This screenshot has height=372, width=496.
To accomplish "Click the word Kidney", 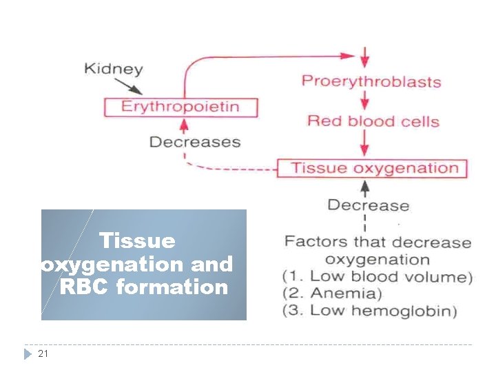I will tap(113, 69).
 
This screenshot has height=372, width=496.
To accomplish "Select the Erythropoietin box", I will tap(180, 107).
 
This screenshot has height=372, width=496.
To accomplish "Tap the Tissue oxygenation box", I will tap(372, 168).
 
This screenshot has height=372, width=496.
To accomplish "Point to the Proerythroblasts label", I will tap(371, 81).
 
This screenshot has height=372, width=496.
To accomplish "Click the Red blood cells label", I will tap(373, 121).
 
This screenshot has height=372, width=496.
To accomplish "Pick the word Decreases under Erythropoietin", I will tap(194, 142).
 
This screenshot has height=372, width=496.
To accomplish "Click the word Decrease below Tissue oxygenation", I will tap(368, 205).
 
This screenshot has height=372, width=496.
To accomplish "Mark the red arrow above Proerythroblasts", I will tap(365, 56).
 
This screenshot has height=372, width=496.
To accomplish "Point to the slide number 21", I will tap(43, 353).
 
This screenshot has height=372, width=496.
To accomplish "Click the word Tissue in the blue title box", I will tap(137, 241).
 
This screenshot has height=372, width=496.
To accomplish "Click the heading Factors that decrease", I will tap(378, 242).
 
